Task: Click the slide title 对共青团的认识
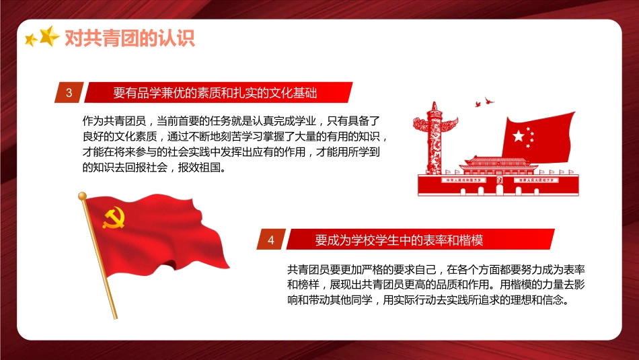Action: pos(129,38)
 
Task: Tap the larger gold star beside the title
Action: pos(49,36)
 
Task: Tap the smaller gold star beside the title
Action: pos(30,40)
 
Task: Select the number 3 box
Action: pos(69,93)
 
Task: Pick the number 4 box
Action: pos(271,240)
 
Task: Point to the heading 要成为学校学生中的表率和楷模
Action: pos(399,240)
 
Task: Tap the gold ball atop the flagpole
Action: pos(83,196)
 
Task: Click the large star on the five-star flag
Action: pos(519,136)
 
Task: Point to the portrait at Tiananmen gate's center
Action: pos(498,181)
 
